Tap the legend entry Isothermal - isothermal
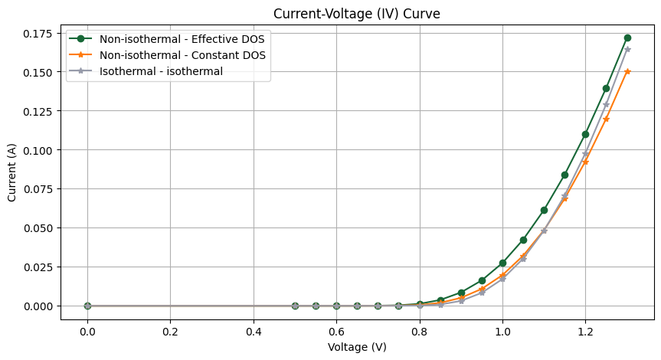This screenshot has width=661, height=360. (161, 71)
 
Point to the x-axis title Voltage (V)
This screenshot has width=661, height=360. (358, 347)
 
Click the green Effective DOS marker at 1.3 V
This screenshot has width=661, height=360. (627, 38)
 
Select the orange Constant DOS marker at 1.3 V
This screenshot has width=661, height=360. (627, 71)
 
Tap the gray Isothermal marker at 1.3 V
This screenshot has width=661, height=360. (627, 49)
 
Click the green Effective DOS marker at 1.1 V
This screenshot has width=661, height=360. (544, 210)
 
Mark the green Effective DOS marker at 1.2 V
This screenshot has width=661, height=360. (585, 134)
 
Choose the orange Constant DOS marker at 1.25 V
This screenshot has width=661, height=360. (606, 119)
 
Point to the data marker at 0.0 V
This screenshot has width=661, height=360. (87, 306)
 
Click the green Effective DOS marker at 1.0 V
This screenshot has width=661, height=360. (502, 263)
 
